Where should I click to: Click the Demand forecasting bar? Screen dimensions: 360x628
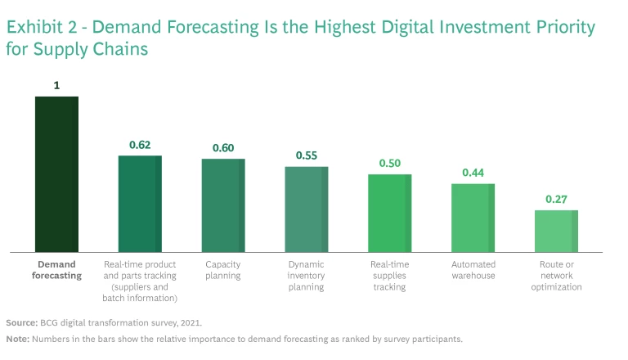(56, 174)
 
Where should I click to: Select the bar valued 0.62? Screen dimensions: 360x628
(140, 204)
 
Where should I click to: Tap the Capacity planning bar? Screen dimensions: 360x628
(223, 205)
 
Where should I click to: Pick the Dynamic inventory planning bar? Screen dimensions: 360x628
(307, 209)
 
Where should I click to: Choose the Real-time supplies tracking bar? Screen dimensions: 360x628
(389, 213)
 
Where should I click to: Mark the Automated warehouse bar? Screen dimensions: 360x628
(473, 218)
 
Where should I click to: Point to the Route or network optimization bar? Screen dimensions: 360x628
(556, 231)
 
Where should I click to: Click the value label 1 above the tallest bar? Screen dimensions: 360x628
(56, 85)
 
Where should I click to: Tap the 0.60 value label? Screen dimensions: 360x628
(223, 148)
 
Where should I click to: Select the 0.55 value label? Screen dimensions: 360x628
(307, 155)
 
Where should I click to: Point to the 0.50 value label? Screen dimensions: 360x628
(390, 164)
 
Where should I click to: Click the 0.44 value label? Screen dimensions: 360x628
(473, 173)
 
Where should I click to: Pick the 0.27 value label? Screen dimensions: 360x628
(557, 199)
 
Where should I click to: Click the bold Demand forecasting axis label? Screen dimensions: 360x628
(56, 270)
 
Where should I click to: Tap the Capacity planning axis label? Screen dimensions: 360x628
(223, 270)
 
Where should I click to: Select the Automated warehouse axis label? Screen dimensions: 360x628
(473, 270)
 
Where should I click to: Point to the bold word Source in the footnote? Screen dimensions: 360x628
(21, 322)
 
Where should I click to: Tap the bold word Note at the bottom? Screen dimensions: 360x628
(18, 339)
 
